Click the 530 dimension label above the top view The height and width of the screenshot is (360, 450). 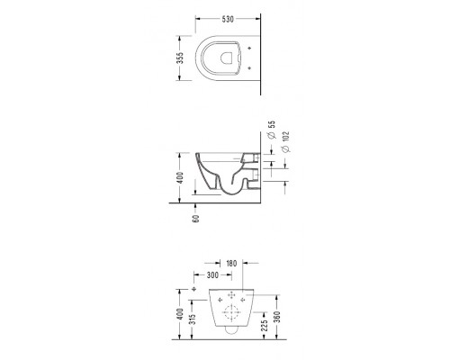point(228,19)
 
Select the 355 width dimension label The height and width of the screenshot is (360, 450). point(180,58)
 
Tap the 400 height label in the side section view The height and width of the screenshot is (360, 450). point(180,178)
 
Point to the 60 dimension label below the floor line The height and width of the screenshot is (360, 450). point(196,219)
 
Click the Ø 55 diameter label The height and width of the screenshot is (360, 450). point(272,130)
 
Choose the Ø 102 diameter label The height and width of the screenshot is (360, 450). point(285,141)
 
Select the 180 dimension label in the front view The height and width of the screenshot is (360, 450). point(231,264)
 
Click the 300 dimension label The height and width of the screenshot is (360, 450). point(212,275)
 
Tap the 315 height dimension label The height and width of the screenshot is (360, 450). point(193,319)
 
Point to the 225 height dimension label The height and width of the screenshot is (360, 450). point(265,326)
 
